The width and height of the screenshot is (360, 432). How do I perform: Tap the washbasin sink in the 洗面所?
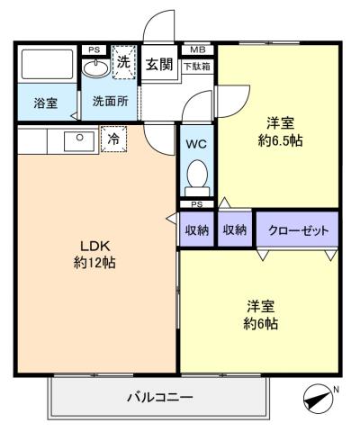pyautogui.click(x=95, y=68)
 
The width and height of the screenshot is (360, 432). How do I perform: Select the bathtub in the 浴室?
pyautogui.click(x=48, y=65)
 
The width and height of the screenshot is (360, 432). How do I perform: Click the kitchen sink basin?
pyautogui.click(x=79, y=141)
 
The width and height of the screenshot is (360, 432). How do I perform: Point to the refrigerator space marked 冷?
pyautogui.click(x=113, y=139)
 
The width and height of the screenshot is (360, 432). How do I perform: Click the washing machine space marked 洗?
pyautogui.click(x=124, y=62)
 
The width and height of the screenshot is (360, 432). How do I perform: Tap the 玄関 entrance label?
pyautogui.click(x=159, y=64)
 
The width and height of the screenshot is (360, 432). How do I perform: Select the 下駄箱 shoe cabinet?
pyautogui.click(x=197, y=67)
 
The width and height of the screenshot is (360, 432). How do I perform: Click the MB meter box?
pyautogui.click(x=197, y=49)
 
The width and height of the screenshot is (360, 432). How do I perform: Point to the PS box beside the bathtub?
pyautogui.click(x=94, y=49)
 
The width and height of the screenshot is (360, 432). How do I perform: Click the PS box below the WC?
pyautogui.click(x=197, y=204)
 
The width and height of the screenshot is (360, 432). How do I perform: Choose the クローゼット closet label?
pyautogui.click(x=298, y=230)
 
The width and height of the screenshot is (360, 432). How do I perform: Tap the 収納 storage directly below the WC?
pyautogui.click(x=197, y=230)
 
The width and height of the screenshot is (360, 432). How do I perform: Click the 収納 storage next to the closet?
pyautogui.click(x=235, y=230)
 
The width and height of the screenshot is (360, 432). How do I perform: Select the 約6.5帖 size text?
pyautogui.click(x=280, y=140)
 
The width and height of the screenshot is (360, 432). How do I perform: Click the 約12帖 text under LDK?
pyautogui.click(x=94, y=263)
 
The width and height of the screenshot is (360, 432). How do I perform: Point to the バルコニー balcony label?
pyautogui.click(x=160, y=398)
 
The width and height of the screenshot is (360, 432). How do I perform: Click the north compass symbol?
pyautogui.click(x=318, y=399)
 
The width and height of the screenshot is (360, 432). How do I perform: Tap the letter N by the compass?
pyautogui.click(x=336, y=390)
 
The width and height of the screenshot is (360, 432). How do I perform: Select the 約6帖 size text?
pyautogui.click(x=260, y=324)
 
